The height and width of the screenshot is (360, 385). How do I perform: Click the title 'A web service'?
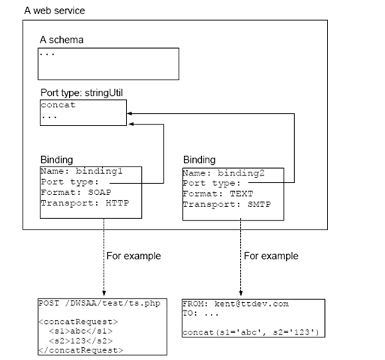(55, 10)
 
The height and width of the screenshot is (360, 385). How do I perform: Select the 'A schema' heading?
(62, 40)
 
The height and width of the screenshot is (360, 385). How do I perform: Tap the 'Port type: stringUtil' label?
(82, 93)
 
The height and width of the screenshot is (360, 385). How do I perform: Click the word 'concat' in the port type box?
(58, 105)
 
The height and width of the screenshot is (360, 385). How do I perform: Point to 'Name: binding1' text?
(82, 171)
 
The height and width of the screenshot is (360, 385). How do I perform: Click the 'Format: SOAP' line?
(76, 192)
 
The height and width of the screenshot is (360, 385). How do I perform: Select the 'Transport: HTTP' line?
(85, 203)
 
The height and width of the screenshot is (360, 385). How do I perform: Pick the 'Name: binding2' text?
(224, 173)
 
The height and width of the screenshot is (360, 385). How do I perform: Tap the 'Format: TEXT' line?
(218, 193)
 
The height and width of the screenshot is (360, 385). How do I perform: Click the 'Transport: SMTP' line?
(227, 205)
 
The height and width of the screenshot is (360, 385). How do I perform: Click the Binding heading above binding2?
(200, 160)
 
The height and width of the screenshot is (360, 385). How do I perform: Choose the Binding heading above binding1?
(57, 160)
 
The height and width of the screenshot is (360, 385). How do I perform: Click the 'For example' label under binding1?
(134, 256)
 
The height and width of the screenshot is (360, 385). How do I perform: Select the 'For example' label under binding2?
(271, 256)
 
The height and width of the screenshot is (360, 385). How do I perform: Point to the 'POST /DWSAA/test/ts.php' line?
(99, 303)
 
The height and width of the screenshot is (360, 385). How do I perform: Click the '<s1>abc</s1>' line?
(81, 331)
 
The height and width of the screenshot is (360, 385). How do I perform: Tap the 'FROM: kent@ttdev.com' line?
(236, 304)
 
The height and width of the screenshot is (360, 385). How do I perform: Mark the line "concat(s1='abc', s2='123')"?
(251, 332)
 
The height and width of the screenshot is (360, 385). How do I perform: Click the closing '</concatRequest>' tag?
(81, 350)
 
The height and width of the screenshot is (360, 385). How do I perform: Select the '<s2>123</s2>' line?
(81, 340)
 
